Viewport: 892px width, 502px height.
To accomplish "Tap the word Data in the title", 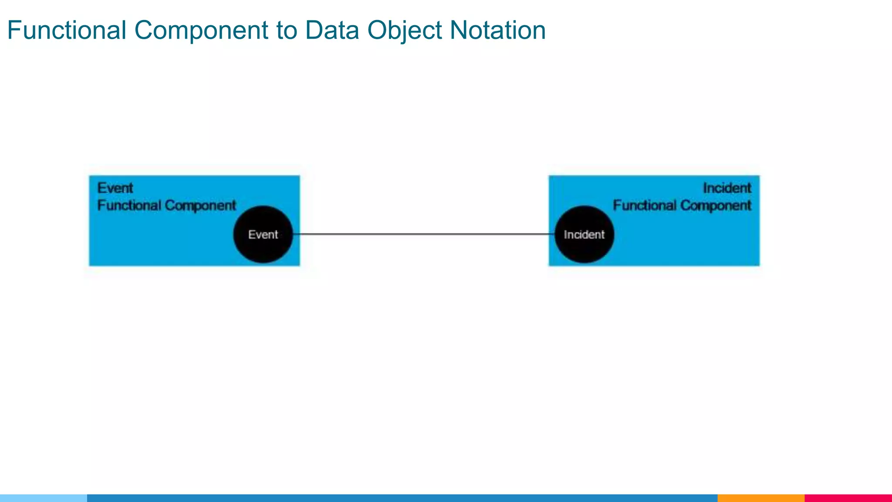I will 332,31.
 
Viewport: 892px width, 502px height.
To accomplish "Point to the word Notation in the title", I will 497,31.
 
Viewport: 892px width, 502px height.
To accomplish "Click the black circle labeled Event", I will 263,251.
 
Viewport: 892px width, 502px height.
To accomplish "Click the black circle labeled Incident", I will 584,251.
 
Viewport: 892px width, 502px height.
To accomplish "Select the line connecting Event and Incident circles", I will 422,234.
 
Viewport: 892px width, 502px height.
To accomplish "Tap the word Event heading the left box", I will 115,188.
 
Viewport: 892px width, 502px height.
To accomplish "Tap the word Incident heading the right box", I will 727,188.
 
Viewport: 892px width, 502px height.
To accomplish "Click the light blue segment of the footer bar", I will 44,498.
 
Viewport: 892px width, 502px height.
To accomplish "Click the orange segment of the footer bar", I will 761,498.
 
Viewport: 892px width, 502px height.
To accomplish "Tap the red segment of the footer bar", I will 848,498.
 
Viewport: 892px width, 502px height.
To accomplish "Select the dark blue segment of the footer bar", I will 401,498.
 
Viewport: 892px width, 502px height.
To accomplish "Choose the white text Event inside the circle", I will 263,234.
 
